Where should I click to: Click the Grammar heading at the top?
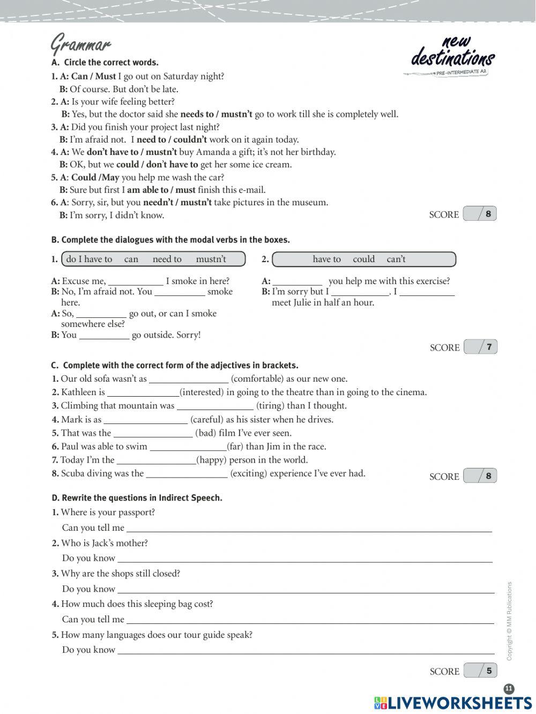tap(80, 44)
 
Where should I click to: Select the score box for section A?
tap(480, 214)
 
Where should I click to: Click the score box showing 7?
tap(481, 347)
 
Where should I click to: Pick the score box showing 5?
tap(481, 671)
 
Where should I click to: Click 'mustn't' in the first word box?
tap(211, 259)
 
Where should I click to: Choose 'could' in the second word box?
tap(363, 259)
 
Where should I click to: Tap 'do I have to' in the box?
tap(89, 259)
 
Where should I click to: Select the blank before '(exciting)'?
tap(187, 474)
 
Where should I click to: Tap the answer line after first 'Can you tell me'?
tap(309, 529)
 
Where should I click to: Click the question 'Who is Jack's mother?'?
tap(104, 543)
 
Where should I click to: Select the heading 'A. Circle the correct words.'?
tap(105, 63)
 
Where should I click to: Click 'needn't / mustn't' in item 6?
tap(177, 203)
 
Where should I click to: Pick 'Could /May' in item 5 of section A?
tap(95, 177)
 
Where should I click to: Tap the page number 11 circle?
tap(509, 689)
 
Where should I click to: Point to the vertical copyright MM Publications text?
tap(509, 621)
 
